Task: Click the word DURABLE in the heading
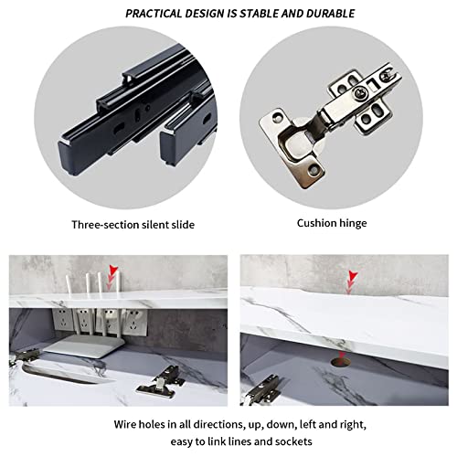pyautogui.click(x=331, y=14)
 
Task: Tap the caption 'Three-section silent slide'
pyautogui.click(x=133, y=225)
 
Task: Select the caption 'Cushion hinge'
pyautogui.click(x=332, y=223)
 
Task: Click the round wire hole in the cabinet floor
pyautogui.click(x=341, y=362)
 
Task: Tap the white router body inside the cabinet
pyautogui.click(x=80, y=346)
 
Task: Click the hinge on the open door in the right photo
pyautogui.click(x=262, y=391)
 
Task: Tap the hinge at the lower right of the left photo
pyautogui.click(x=161, y=382)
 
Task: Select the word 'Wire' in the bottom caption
pyautogui.click(x=125, y=424)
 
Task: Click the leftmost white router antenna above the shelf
pyautogui.click(x=69, y=283)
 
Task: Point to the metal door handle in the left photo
pyautogui.click(x=61, y=374)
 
